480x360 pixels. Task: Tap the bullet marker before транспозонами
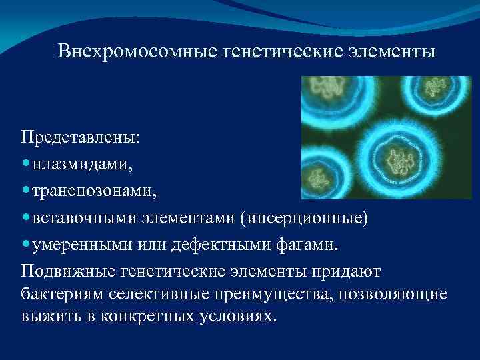pyautogui.click(x=25, y=192)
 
